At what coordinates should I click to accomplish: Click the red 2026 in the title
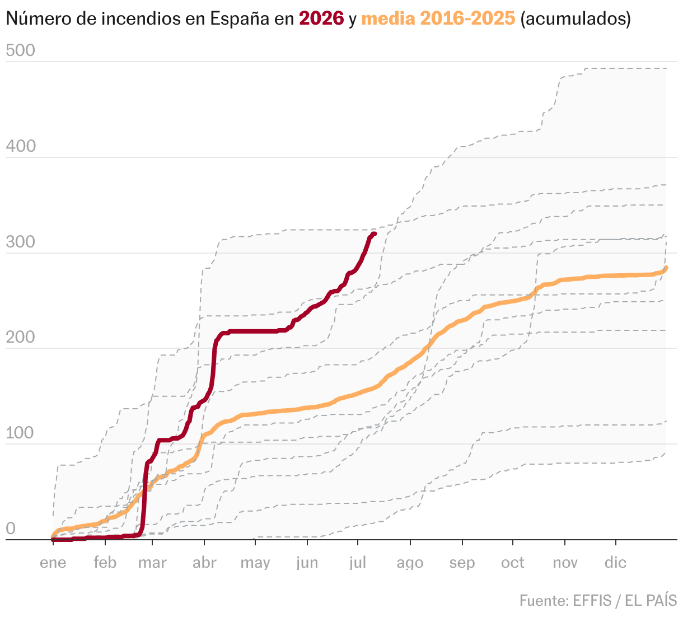click(x=321, y=18)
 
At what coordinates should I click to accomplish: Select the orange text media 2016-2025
click(x=438, y=18)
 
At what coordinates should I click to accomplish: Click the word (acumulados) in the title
click(x=576, y=18)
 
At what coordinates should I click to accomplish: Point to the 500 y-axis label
click(x=20, y=50)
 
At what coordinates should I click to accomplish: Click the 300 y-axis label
click(x=20, y=242)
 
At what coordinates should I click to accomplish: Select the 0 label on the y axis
click(x=11, y=529)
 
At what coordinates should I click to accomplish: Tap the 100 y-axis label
click(x=20, y=433)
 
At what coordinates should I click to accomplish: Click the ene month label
click(x=53, y=563)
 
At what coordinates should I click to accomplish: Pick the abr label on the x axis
click(x=204, y=563)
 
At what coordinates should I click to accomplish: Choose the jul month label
click(x=358, y=563)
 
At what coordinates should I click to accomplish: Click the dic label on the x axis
click(x=616, y=563)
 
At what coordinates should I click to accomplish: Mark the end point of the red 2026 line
click(x=375, y=234)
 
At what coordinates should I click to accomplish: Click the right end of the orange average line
click(x=666, y=268)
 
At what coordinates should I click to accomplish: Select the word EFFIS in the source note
click(x=593, y=600)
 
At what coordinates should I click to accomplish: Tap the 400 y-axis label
click(x=21, y=146)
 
